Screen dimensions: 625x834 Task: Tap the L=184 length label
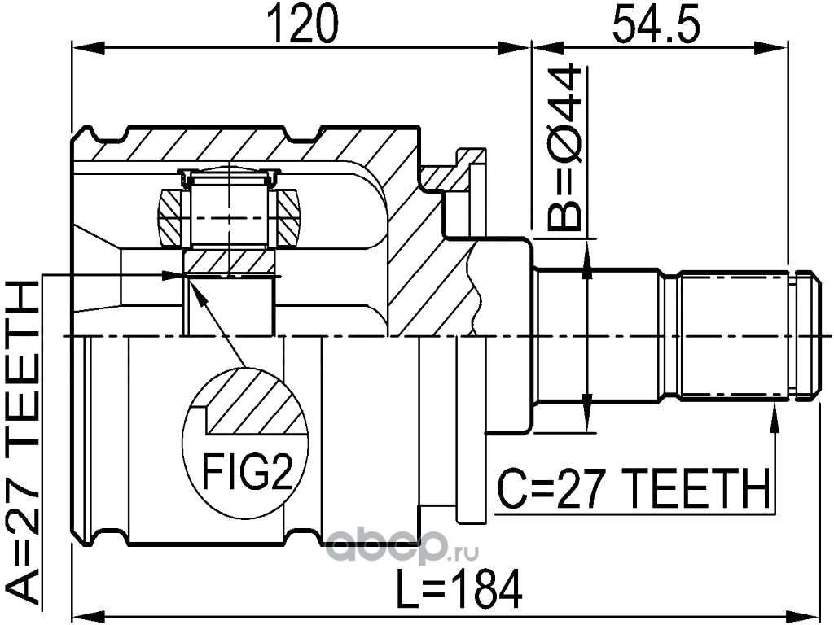pyautogui.click(x=456, y=588)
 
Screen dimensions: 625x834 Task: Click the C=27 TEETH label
pyautogui.click(x=633, y=491)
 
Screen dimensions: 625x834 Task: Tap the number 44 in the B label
pyautogui.click(x=565, y=93)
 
